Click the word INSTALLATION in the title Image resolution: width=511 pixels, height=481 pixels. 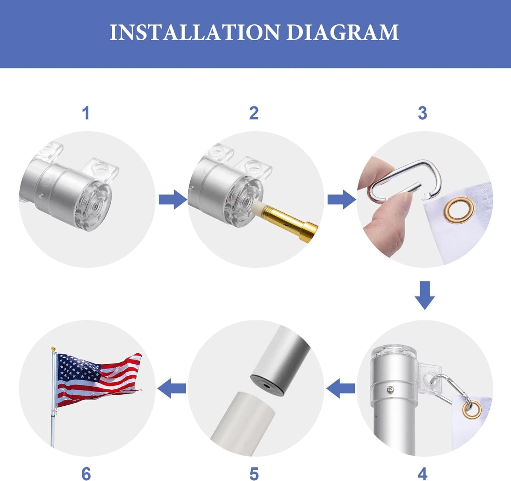[x=194, y=33]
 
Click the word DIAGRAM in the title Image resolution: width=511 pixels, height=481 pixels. [x=342, y=33]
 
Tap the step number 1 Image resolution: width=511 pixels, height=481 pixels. [x=86, y=113]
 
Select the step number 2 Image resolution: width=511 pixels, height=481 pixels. [x=254, y=113]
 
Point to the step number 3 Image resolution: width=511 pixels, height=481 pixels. [x=422, y=113]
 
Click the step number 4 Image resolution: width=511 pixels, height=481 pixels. [x=422, y=473]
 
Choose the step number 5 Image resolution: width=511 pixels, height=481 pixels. [x=254, y=473]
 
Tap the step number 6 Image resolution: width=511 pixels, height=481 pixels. [x=86, y=473]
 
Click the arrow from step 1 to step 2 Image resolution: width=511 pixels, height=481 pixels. [x=172, y=200]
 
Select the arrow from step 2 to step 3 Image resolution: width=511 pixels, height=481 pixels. [x=341, y=200]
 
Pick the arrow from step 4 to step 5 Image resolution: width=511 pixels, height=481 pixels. [x=341, y=388]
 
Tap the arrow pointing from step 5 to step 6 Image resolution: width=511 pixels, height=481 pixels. [x=172, y=388]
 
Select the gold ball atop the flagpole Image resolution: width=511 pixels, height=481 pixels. [x=53, y=349]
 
